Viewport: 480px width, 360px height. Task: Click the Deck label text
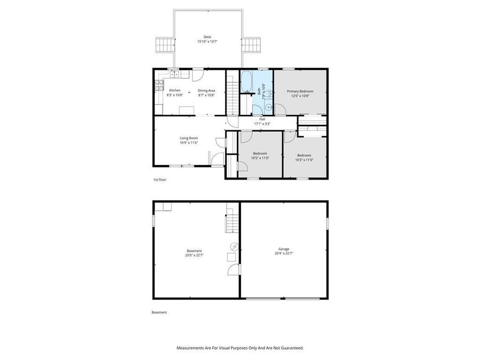[x=207, y=37]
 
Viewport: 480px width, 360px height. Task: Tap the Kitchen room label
[x=175, y=91]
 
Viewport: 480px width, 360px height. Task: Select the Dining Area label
[x=206, y=91]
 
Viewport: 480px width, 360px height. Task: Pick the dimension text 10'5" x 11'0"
[x=260, y=158]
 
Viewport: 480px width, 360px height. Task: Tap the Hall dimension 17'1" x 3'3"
[x=262, y=124]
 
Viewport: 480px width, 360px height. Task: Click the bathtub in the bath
[x=247, y=82]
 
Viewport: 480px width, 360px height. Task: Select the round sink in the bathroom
[x=268, y=106]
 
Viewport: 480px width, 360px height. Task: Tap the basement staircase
[x=231, y=221]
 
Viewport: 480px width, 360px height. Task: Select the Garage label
[x=284, y=249]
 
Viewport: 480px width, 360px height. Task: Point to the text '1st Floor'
[x=159, y=180]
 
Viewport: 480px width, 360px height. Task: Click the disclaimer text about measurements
[x=240, y=348]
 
